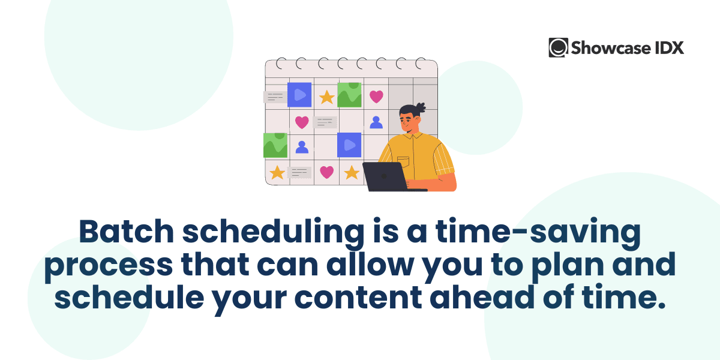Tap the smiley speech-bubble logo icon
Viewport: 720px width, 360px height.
pos(558,47)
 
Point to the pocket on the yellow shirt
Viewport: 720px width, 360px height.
pos(403,161)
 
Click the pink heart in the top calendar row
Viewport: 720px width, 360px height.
pos(376,96)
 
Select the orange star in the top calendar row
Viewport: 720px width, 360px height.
pos(326,97)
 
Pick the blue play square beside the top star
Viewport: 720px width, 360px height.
pos(299,95)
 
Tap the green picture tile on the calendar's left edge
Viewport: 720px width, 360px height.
pos(275,145)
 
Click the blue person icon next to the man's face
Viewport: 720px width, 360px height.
pos(376,122)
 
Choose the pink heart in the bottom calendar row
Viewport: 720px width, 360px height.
pos(326,172)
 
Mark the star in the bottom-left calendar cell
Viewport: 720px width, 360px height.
pos(277,173)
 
